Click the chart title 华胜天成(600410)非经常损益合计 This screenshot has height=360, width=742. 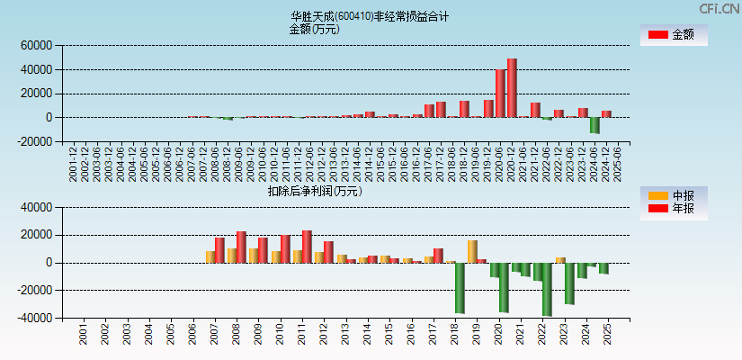click(x=370, y=16)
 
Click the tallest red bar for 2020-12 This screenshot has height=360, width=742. click(x=512, y=88)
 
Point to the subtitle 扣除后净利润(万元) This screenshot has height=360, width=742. click(x=315, y=191)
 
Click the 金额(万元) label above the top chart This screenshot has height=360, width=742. click(x=314, y=29)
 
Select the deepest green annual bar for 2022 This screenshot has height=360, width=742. click(x=547, y=289)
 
